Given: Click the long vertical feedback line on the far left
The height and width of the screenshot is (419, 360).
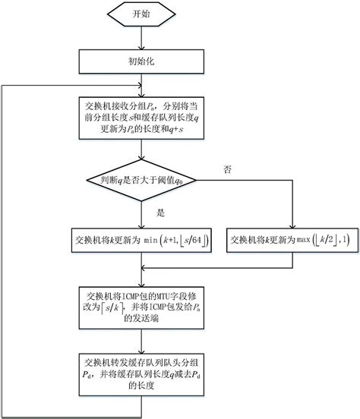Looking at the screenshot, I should (x=5, y=250).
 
